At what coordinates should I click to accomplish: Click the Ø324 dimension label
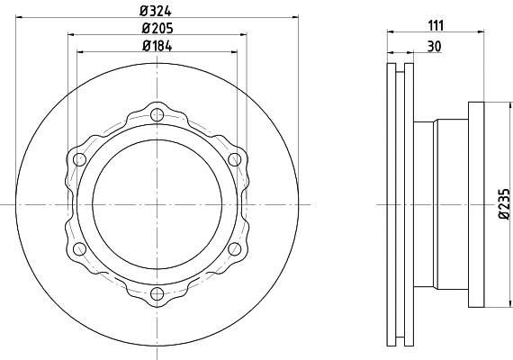click(x=157, y=11)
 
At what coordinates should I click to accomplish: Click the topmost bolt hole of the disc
click(x=157, y=114)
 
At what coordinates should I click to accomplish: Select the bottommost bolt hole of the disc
click(x=157, y=293)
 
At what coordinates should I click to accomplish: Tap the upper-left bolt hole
click(x=79, y=159)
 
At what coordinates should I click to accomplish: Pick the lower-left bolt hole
click(x=79, y=248)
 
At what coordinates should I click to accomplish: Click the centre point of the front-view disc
click(x=157, y=204)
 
